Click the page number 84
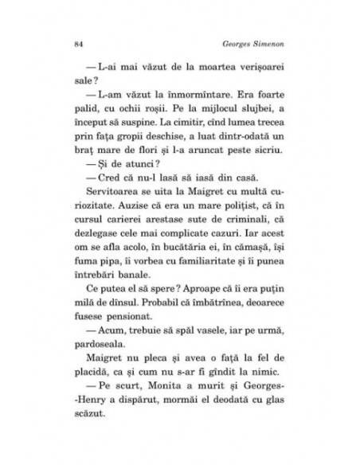(76, 43)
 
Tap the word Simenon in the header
(267, 43)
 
